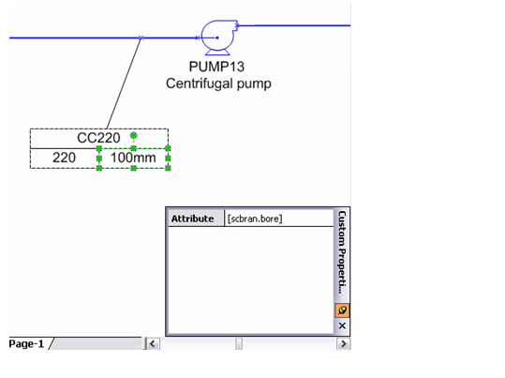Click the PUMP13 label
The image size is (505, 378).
[x=216, y=67]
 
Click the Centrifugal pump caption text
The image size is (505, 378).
[x=218, y=83]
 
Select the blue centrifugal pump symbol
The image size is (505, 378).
[x=219, y=38]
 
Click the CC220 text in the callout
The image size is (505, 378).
[x=98, y=138]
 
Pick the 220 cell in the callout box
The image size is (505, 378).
[x=64, y=158]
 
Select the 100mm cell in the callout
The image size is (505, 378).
[x=133, y=158]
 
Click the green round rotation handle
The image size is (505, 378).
[x=134, y=135]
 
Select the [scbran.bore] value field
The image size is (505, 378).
[x=278, y=219]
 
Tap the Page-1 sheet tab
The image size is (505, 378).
[x=26, y=343]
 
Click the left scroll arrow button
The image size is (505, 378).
[x=153, y=343]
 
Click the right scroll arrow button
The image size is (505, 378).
[x=343, y=343]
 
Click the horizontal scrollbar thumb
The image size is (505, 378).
[x=239, y=343]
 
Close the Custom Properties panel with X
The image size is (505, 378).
[x=342, y=325]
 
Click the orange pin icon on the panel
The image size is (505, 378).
[x=342, y=310]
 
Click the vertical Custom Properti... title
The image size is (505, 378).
[x=342, y=252]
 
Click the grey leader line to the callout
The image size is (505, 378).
[x=124, y=83]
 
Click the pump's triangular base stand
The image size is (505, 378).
[x=218, y=52]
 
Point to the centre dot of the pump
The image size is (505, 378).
[x=217, y=38]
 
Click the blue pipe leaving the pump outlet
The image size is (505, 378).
[x=293, y=25]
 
